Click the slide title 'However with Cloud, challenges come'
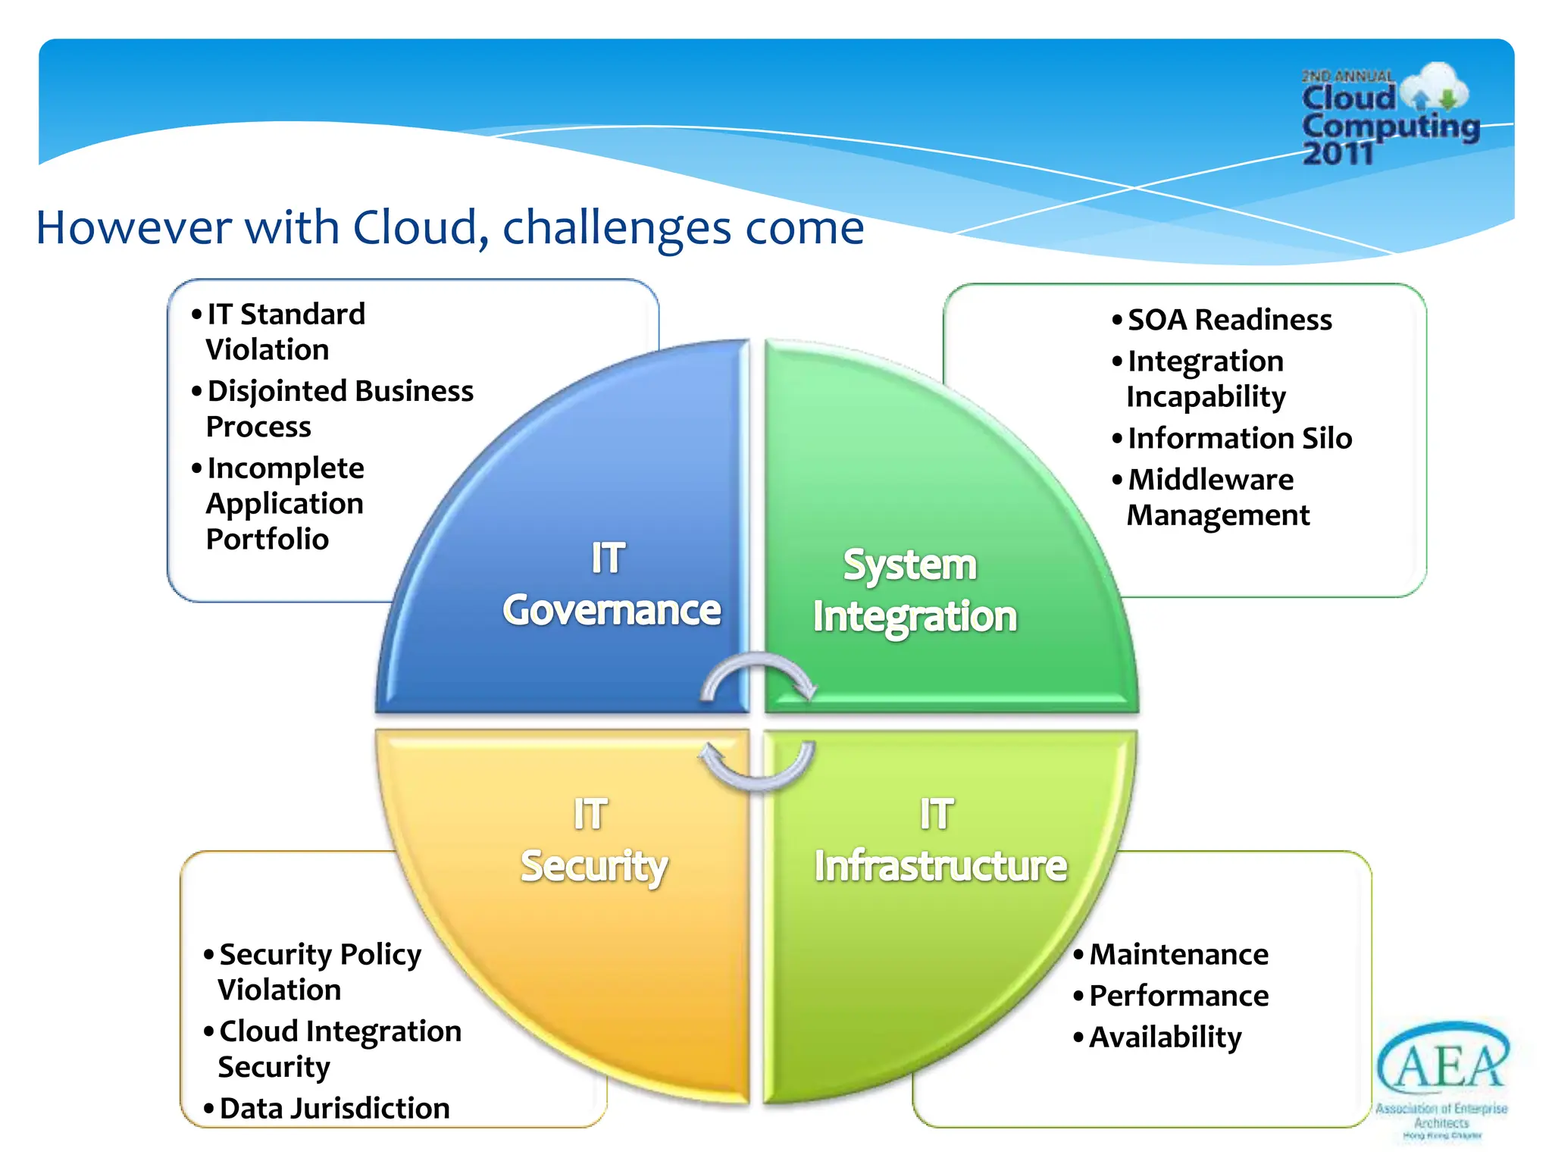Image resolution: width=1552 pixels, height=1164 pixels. click(450, 227)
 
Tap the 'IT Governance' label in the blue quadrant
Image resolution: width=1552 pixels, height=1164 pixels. click(611, 584)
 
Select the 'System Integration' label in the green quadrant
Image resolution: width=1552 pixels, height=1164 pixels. click(913, 590)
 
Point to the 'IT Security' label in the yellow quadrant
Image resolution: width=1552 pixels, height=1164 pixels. click(593, 840)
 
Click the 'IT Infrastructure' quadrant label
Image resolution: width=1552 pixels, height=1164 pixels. click(940, 840)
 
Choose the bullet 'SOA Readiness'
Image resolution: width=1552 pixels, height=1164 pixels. click(1228, 320)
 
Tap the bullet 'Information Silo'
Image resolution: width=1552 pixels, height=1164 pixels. click(1239, 438)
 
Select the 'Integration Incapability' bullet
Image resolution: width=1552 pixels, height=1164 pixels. click(1206, 379)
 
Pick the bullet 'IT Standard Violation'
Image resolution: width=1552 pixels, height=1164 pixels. click(285, 332)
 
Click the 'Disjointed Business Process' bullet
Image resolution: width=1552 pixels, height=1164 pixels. click(339, 408)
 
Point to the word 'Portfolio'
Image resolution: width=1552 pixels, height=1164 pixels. click(268, 539)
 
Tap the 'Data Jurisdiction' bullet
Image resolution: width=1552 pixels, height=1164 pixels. click(334, 1108)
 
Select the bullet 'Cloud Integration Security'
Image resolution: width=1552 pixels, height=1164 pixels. click(339, 1049)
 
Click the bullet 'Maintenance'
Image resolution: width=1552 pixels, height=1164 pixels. click(1178, 954)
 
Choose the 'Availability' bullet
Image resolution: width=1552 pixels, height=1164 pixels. click(1165, 1037)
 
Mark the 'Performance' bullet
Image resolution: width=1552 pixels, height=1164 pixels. click(1178, 995)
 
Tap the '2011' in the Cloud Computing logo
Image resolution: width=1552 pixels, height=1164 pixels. click(1338, 154)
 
